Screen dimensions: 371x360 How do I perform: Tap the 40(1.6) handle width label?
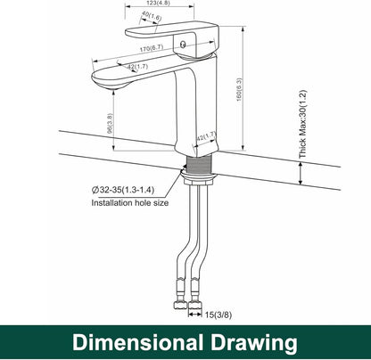click(152, 17)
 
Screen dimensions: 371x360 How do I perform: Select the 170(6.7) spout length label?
click(152, 48)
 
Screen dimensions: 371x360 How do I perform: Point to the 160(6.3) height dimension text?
click(239, 89)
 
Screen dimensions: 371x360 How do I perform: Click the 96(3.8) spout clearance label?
click(110, 123)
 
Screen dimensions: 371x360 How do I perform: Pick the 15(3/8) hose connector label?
click(218, 315)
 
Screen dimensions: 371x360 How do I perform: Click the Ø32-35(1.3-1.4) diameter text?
click(123, 190)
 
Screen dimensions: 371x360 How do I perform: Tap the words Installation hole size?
click(130, 203)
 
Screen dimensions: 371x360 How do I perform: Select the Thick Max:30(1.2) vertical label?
click(302, 124)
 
